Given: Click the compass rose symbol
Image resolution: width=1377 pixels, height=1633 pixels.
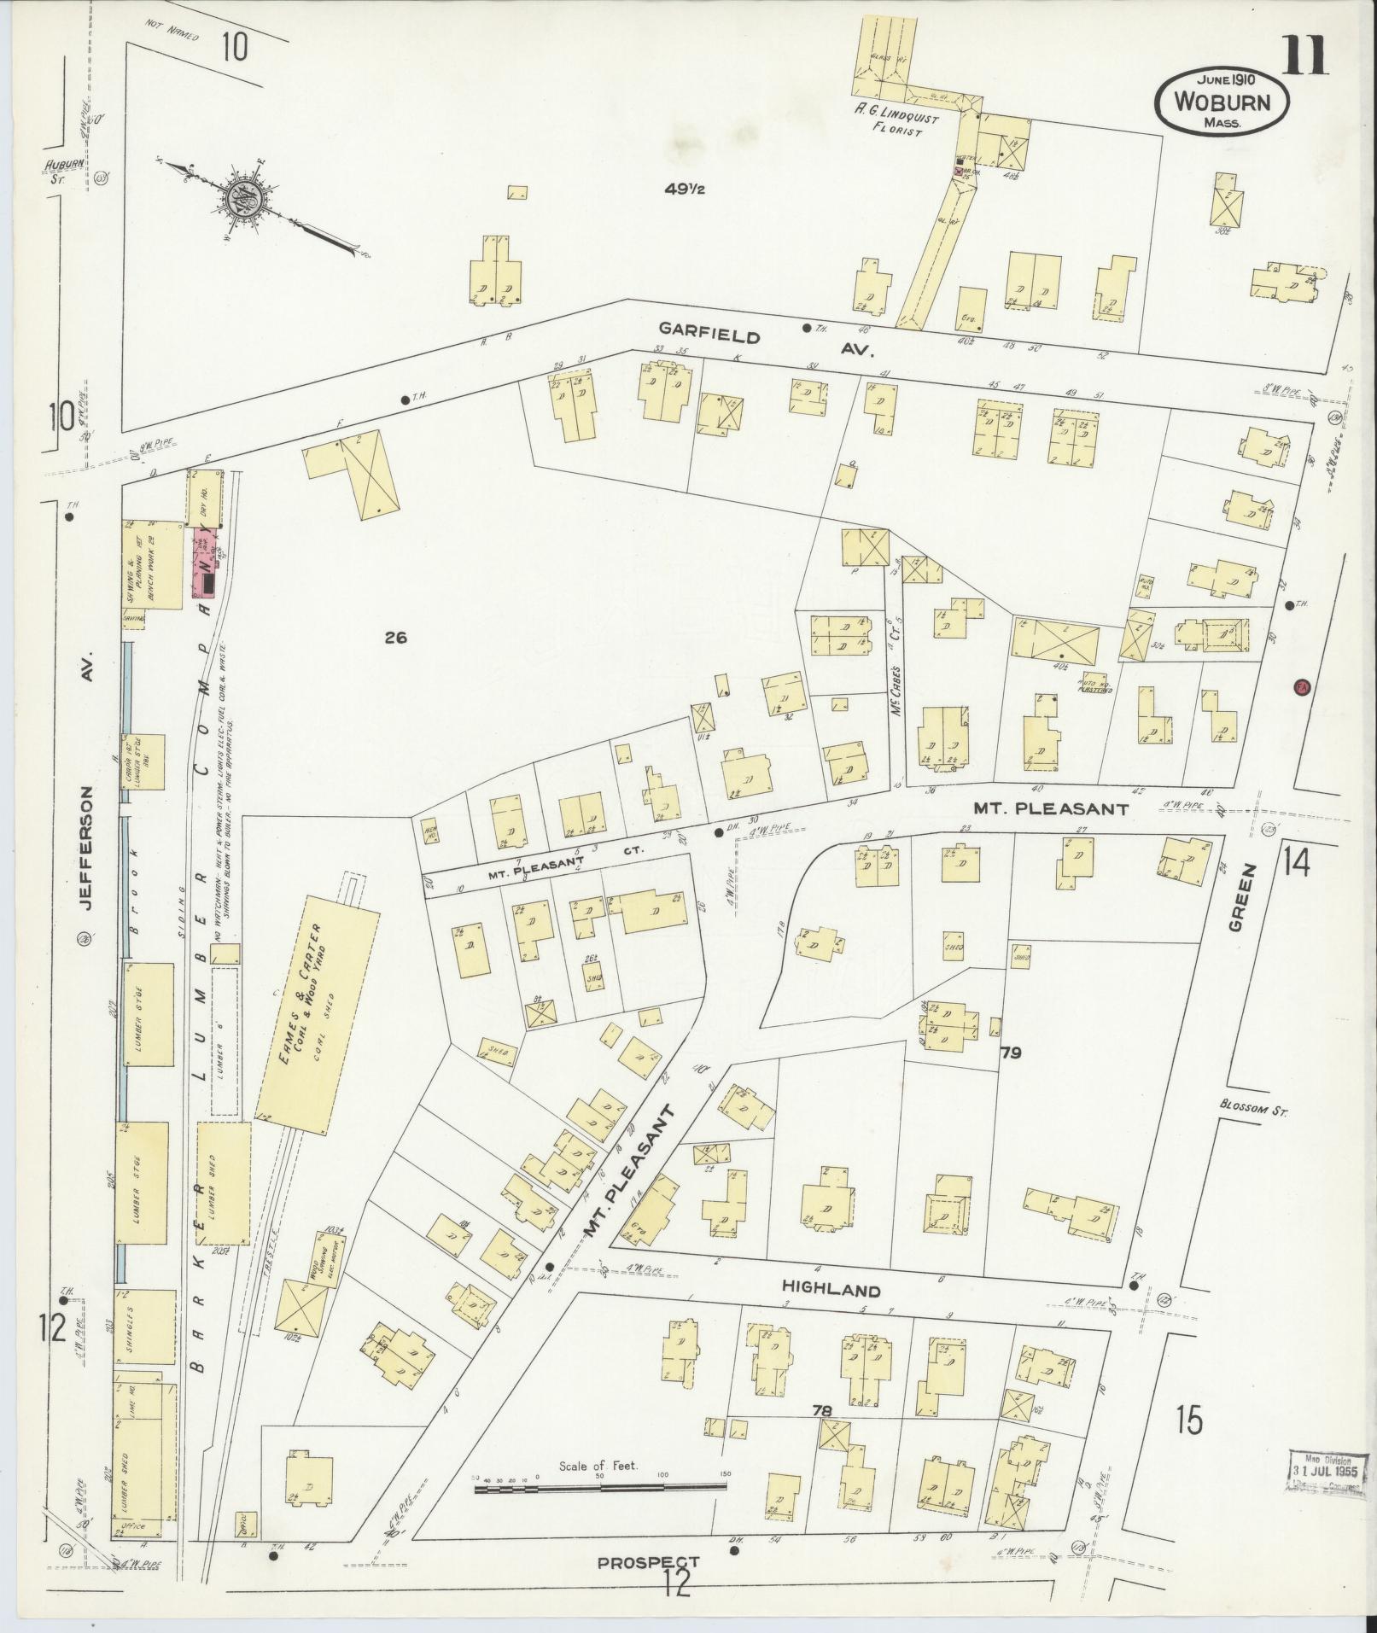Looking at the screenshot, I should click(x=248, y=198).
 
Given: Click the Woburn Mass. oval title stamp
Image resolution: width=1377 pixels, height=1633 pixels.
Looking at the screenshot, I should click(x=1222, y=101).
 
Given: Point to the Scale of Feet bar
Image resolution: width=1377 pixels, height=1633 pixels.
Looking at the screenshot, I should click(x=600, y=1486).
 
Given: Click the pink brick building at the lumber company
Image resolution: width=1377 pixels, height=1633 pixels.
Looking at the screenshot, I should click(x=205, y=562).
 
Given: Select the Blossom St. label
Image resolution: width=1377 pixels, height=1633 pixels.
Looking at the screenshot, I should click(x=1252, y=1111).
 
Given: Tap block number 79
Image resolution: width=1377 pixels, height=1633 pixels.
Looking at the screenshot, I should click(x=1012, y=1053).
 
